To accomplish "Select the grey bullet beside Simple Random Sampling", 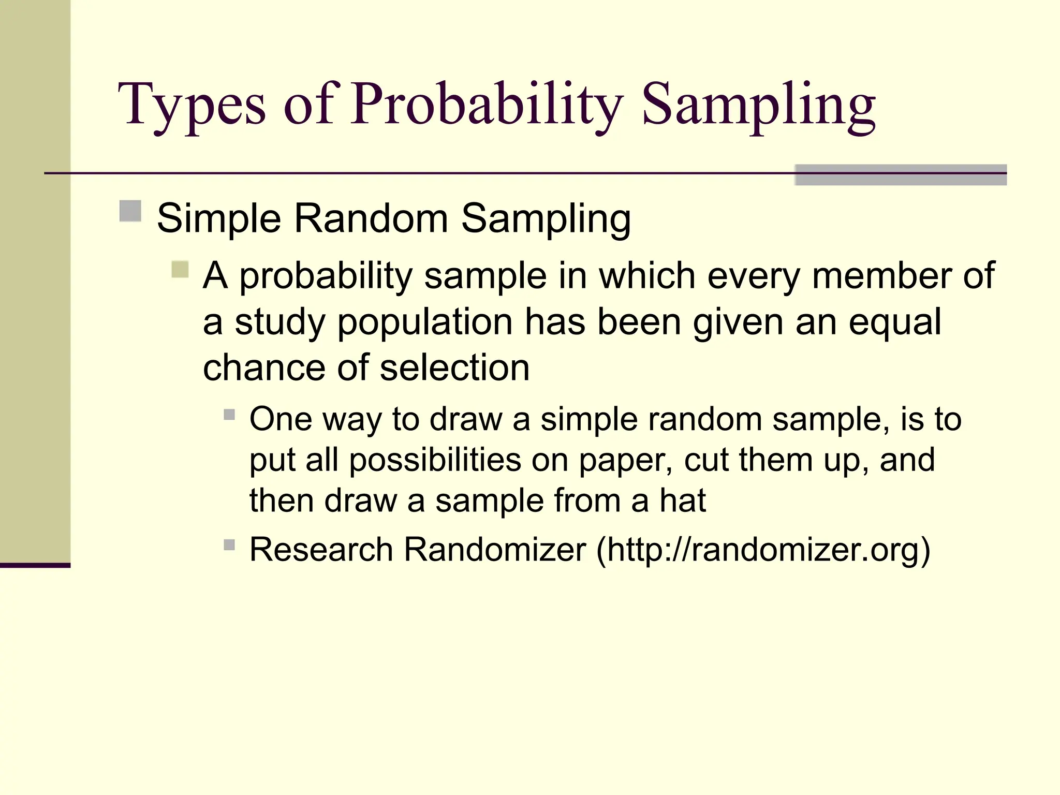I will [130, 211].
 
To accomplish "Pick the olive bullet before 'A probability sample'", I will [180, 269].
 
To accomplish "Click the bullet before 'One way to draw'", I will [229, 415].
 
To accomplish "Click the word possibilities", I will [435, 460].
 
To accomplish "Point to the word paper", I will [624, 461].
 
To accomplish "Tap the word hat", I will [682, 500].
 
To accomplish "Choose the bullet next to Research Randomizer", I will [229, 544].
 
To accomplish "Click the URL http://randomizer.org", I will [763, 549].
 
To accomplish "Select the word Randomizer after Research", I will [495, 549].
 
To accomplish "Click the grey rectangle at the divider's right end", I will [900, 175].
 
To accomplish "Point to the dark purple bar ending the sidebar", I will [35, 565].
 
